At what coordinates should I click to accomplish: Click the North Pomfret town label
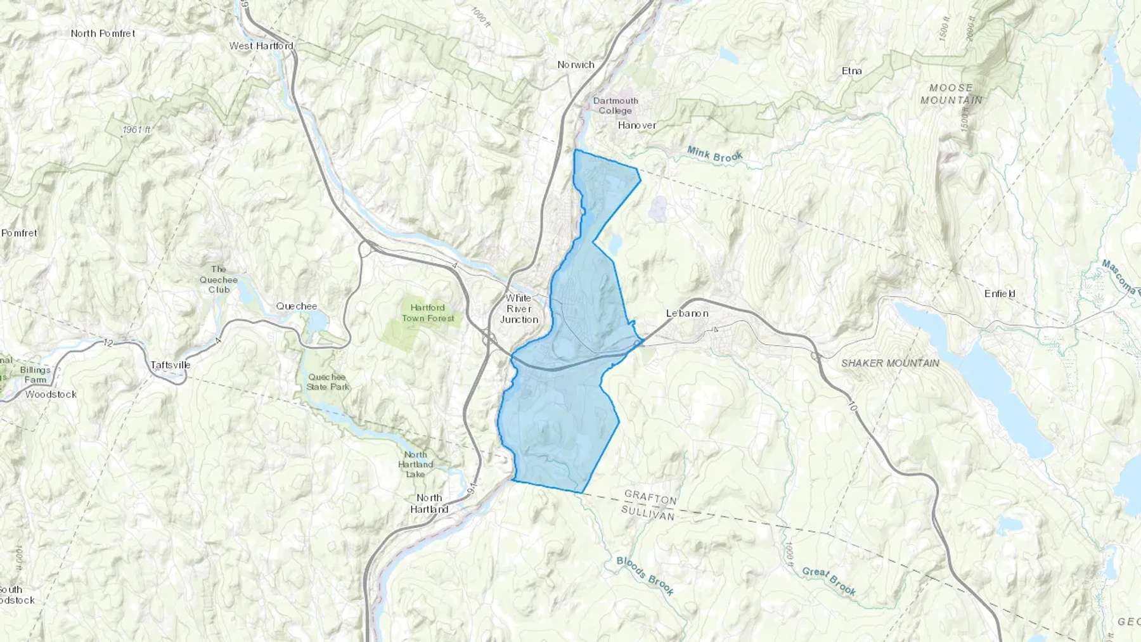click(x=103, y=34)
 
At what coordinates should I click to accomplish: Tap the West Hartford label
click(x=261, y=46)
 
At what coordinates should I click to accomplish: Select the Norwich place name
click(x=576, y=65)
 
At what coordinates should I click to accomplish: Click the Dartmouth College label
click(x=616, y=105)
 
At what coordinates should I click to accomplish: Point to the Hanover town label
click(x=637, y=125)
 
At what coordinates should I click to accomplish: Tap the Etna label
click(x=851, y=71)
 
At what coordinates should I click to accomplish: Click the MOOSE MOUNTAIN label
click(x=951, y=94)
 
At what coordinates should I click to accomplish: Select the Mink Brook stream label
click(x=714, y=155)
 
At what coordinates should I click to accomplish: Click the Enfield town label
click(x=1000, y=293)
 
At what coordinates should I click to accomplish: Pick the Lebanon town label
click(x=687, y=313)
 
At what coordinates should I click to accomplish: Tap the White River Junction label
click(x=519, y=309)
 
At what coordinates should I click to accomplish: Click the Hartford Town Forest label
click(x=428, y=313)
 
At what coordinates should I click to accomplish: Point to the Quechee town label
click(x=296, y=306)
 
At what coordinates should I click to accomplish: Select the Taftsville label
click(x=170, y=365)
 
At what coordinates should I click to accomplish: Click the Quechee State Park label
click(x=327, y=382)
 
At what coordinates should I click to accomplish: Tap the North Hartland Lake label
click(x=416, y=465)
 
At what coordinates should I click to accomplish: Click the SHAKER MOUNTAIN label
click(x=890, y=363)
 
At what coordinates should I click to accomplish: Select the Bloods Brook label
click(x=645, y=575)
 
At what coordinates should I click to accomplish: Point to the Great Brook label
click(x=828, y=581)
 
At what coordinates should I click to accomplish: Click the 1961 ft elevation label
click(x=137, y=130)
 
